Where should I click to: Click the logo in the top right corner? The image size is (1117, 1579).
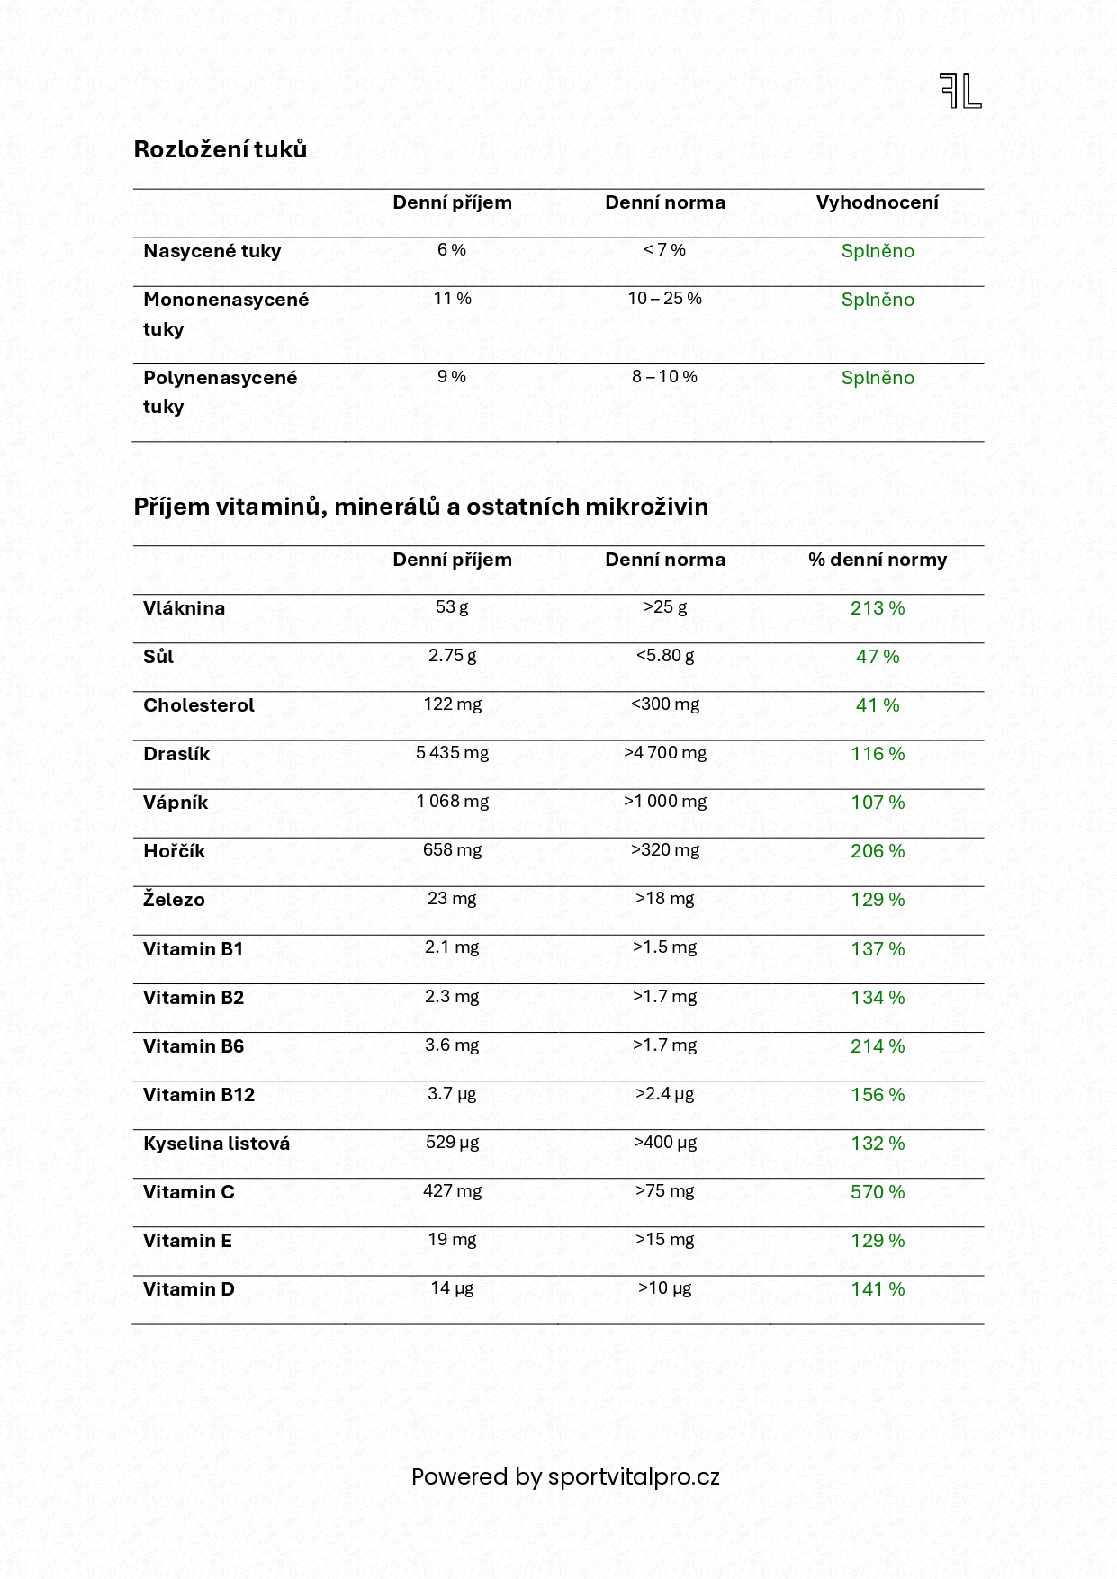(960, 91)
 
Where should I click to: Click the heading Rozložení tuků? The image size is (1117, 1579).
(221, 149)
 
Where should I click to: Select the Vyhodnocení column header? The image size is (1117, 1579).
(877, 202)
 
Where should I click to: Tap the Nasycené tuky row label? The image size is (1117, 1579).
(212, 251)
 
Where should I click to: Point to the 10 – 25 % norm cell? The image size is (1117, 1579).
(664, 299)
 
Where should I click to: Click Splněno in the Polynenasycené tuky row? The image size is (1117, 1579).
(878, 378)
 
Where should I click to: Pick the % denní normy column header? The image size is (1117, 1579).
(877, 560)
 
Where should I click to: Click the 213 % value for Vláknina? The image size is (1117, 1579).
(878, 608)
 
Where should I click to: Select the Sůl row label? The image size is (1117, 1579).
(158, 657)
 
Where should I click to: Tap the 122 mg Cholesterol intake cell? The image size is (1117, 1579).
(452, 704)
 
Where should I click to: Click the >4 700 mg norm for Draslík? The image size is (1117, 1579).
(664, 753)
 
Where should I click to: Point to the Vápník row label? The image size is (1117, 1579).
(176, 803)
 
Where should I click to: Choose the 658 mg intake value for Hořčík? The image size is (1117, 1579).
(452, 850)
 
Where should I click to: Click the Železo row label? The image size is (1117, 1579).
(174, 900)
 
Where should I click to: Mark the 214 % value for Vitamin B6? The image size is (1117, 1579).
(878, 1046)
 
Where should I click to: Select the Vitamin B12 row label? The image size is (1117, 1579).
(199, 1095)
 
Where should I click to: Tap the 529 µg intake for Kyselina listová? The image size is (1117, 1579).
(452, 1143)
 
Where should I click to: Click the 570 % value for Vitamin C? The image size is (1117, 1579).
(878, 1192)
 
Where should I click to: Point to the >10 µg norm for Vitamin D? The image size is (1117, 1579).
(664, 1288)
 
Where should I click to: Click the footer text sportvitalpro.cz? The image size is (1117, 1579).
(634, 1477)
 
